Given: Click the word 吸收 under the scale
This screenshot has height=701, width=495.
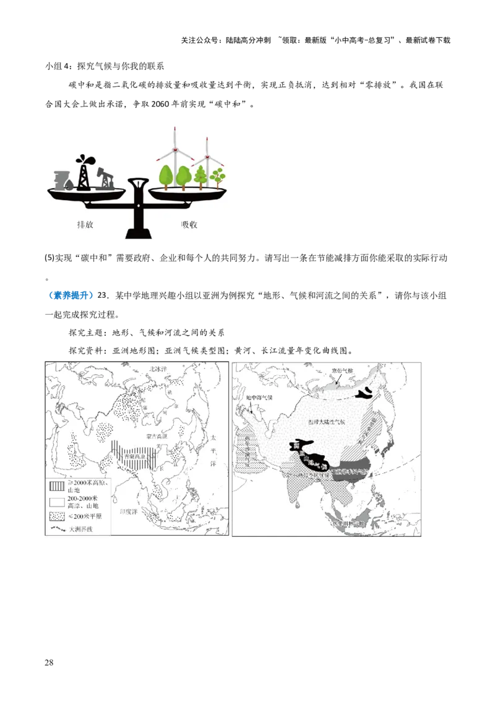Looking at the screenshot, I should point(189,224).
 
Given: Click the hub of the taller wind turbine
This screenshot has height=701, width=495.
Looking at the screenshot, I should point(175,150).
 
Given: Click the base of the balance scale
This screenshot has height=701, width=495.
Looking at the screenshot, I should point(139,235).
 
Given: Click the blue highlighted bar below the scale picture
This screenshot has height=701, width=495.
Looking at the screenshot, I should point(70,295).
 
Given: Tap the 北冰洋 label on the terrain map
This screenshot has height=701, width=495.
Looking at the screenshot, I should point(158,369).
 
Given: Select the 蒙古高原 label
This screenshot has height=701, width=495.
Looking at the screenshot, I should point(157,436).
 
